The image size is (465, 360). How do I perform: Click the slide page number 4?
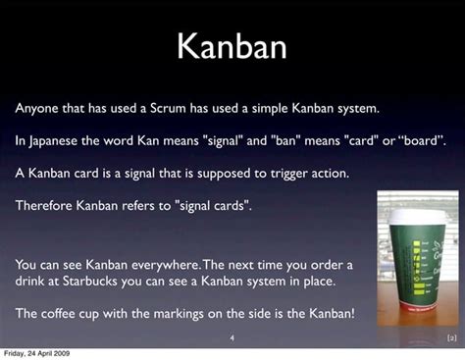click(232, 338)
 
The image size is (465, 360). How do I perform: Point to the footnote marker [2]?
click(450, 338)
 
